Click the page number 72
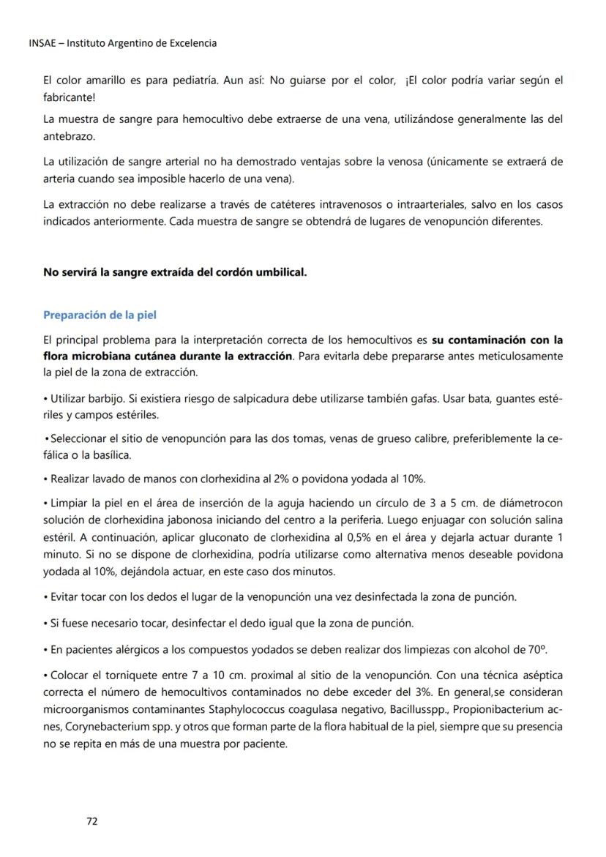92,821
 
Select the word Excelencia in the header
192,42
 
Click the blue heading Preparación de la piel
100,315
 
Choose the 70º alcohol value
538,650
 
